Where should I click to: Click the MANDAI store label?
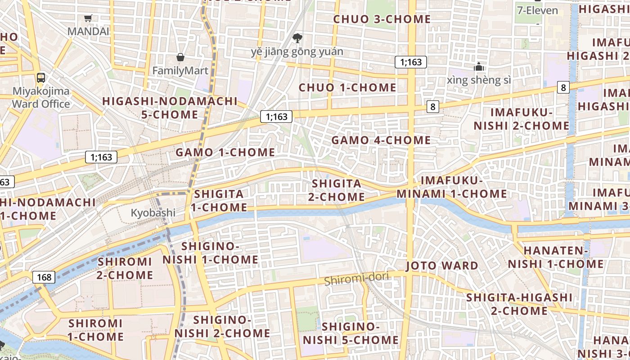(x=88, y=31)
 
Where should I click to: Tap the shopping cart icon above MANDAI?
(x=88, y=18)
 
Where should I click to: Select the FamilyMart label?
(x=180, y=71)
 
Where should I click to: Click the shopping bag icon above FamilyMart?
(x=180, y=57)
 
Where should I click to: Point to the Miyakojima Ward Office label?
(x=41, y=98)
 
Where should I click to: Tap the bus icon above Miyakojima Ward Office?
(x=41, y=77)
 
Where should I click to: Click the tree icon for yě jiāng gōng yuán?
(x=297, y=38)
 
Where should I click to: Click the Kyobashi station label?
(x=153, y=213)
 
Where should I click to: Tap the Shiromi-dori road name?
(x=356, y=279)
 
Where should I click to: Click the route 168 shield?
(x=44, y=277)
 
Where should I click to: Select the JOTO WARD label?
(x=442, y=265)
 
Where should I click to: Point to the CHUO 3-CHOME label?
(x=382, y=19)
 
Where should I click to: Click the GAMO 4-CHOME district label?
(x=381, y=140)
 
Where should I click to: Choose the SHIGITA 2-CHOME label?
(x=337, y=190)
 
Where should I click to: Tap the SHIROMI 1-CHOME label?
(x=96, y=330)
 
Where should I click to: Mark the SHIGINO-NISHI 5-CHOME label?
(x=351, y=333)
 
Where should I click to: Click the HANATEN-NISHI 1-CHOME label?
(x=556, y=257)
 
